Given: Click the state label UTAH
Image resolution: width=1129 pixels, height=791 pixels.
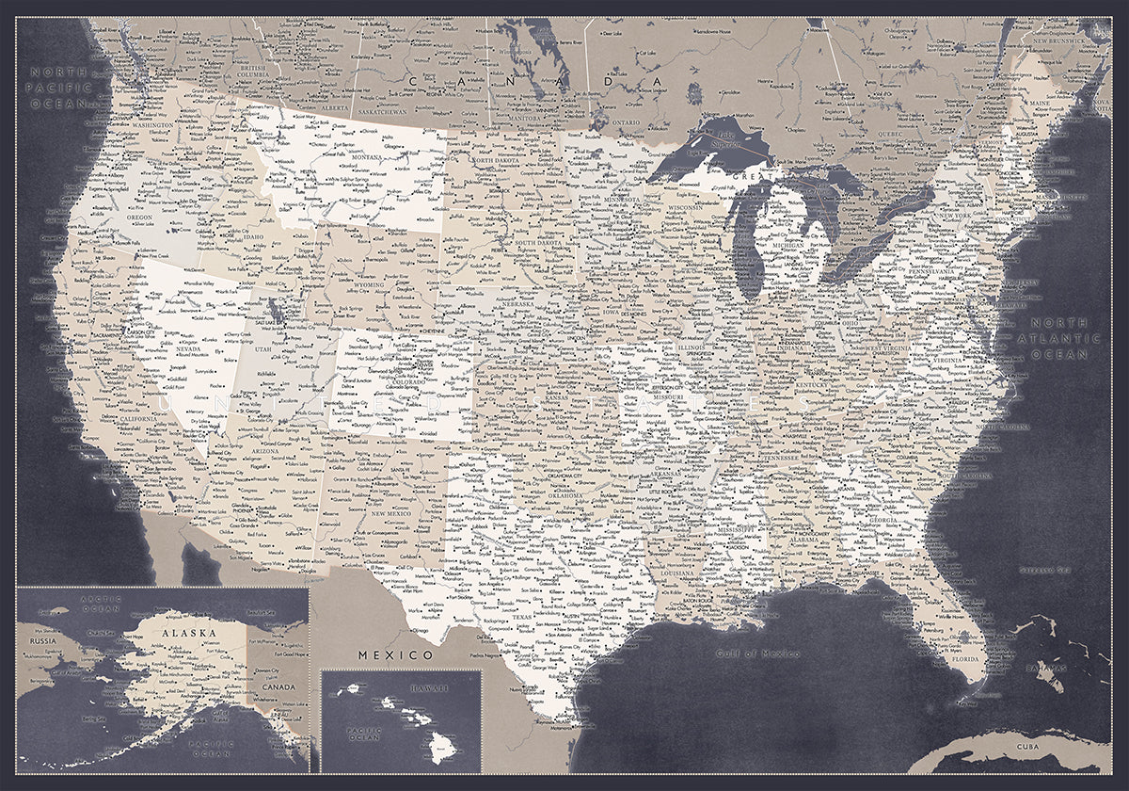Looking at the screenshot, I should point(262,349).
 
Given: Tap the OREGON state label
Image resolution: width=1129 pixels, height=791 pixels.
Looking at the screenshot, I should point(139,217).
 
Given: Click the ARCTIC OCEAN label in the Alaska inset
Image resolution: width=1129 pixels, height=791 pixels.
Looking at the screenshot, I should point(95,603).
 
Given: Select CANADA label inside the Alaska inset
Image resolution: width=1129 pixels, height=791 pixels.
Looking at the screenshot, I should point(279,687).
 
